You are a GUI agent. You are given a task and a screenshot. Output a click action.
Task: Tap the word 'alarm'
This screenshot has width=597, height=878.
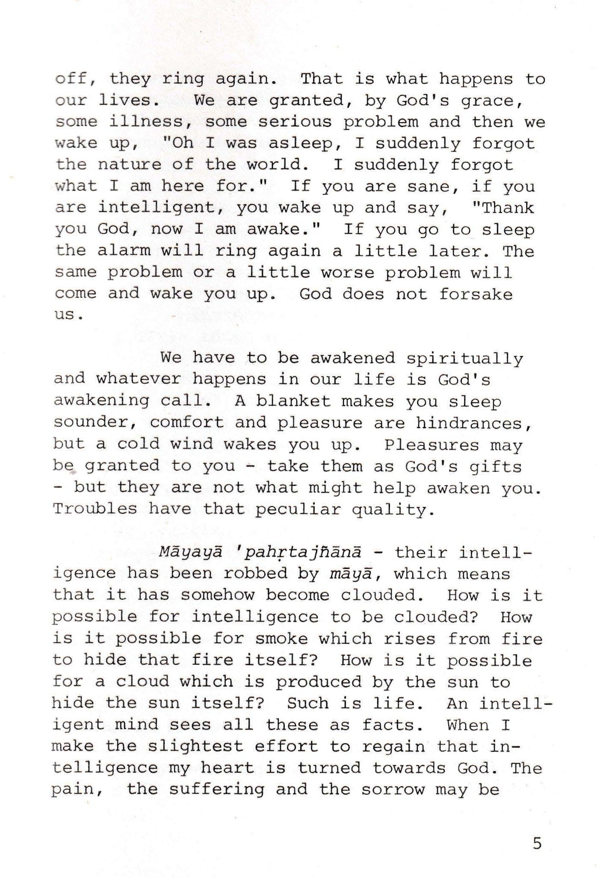124,251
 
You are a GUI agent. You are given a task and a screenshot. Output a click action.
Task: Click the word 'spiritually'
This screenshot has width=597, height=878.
464,358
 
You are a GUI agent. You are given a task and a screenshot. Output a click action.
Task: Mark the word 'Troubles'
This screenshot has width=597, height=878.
95,509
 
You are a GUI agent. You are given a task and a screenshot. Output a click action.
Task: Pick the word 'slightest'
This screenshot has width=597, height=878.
195,746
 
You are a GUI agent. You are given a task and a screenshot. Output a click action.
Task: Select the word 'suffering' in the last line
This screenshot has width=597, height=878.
217,790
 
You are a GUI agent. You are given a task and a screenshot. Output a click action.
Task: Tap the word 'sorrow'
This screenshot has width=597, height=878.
393,790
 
